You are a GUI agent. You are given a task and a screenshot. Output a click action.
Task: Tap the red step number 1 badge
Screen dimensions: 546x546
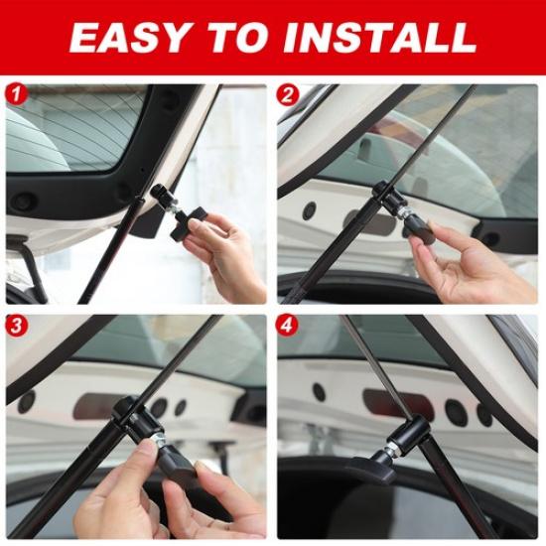[x=16, y=95]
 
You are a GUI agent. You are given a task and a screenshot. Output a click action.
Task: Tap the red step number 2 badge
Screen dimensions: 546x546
[x=288, y=95]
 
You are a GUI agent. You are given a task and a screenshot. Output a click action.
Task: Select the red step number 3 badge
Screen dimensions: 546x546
[x=16, y=327]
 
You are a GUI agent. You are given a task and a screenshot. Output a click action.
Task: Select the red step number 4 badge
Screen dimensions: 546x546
[x=288, y=327]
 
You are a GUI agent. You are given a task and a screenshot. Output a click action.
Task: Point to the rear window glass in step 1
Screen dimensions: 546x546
[x=69, y=129]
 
